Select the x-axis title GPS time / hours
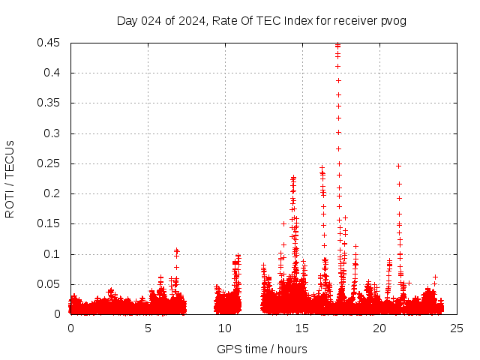(262, 349)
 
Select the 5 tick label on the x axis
(148, 328)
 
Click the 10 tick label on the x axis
(225, 328)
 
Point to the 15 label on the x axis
(302, 328)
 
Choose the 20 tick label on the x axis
(379, 328)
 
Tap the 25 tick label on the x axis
(457, 328)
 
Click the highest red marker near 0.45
(337, 45)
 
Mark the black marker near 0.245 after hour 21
(398, 166)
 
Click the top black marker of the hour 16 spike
(322, 168)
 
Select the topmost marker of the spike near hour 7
(177, 250)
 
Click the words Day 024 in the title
(135, 20)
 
